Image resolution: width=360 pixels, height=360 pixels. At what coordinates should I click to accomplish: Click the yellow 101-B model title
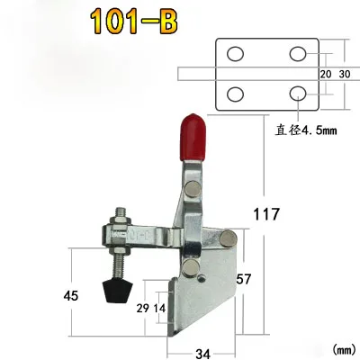point(134,22)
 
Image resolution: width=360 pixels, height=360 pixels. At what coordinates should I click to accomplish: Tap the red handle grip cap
point(193,138)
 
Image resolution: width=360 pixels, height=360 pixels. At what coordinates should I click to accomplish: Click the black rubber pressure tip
point(117,291)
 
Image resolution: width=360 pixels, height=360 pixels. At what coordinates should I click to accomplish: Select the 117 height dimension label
point(266,214)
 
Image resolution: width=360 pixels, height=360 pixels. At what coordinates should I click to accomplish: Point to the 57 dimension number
point(243,279)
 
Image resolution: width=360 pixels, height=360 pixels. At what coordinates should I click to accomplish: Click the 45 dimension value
point(71,296)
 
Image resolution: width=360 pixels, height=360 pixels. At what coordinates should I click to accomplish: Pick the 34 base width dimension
point(202,354)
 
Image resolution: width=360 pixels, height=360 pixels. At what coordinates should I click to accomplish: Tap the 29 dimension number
point(142,308)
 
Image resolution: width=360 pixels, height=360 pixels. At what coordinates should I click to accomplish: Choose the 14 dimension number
point(159,308)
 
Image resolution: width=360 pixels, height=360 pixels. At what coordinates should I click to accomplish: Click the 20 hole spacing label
point(326,74)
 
